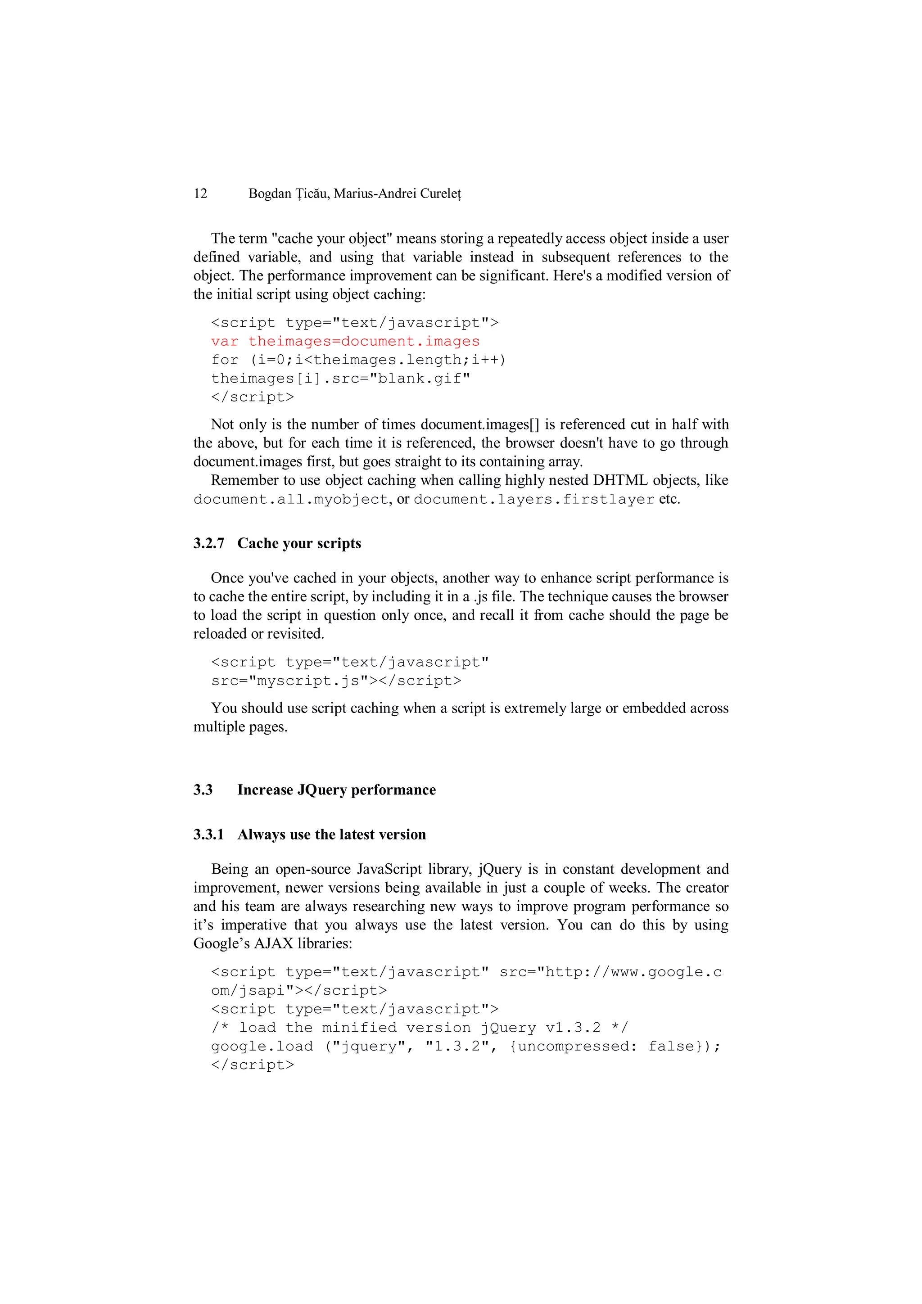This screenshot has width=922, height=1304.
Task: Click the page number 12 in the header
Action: click(x=200, y=194)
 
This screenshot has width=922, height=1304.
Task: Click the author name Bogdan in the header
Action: click(x=270, y=194)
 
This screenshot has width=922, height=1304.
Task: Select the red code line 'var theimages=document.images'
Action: click(x=345, y=341)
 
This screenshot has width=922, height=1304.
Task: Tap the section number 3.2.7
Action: click(x=208, y=544)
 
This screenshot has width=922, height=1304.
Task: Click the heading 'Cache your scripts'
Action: click(x=299, y=544)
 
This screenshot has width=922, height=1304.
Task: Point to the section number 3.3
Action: click(x=203, y=790)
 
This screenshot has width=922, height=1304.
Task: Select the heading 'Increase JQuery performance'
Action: click(x=336, y=790)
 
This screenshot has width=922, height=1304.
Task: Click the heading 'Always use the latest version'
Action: click(x=332, y=835)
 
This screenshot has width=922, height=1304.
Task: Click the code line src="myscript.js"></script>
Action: click(x=336, y=681)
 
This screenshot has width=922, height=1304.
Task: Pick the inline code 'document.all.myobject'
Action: click(x=291, y=500)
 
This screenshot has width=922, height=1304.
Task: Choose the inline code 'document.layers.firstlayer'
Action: click(x=533, y=500)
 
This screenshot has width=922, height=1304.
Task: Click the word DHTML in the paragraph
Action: click(x=620, y=480)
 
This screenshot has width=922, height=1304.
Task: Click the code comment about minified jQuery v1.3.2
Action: click(x=419, y=1028)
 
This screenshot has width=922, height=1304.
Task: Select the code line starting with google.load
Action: click(x=465, y=1047)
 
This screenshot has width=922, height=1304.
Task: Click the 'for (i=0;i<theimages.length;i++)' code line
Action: click(x=358, y=360)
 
